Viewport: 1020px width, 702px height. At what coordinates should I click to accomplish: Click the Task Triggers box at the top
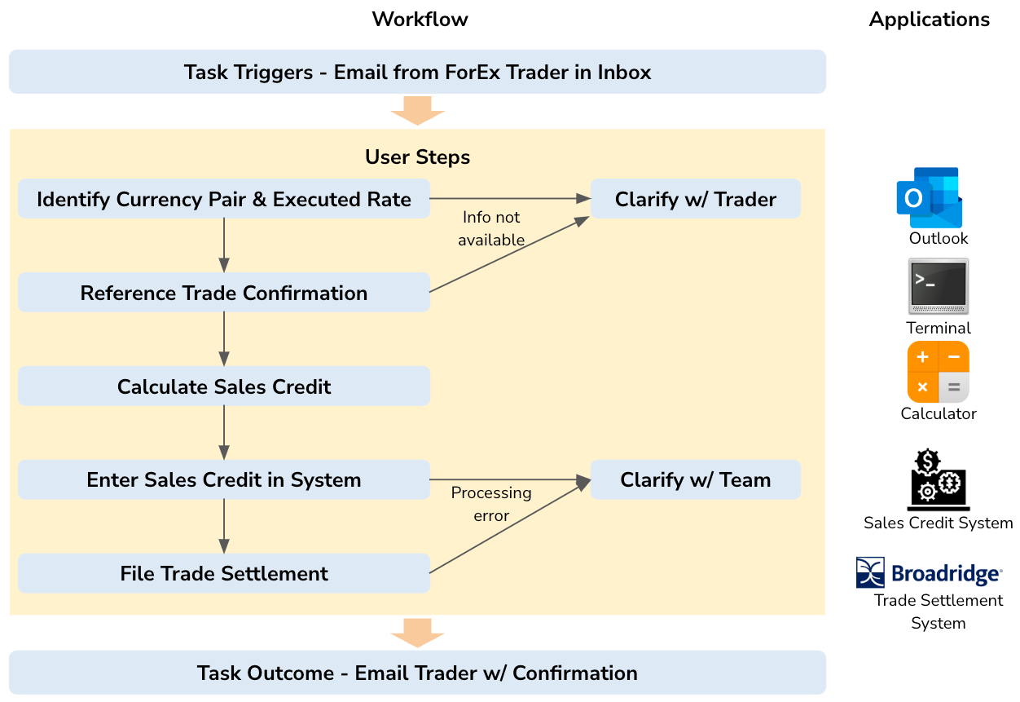pos(417,72)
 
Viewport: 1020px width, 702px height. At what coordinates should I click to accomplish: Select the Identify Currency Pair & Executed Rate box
pos(224,199)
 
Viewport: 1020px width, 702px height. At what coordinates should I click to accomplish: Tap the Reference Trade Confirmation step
pos(224,293)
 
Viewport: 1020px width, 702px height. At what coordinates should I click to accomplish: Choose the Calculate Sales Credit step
pos(224,386)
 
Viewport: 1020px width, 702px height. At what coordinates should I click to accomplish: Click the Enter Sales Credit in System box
pos(224,480)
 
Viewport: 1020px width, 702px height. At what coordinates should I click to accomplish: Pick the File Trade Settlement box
pos(224,573)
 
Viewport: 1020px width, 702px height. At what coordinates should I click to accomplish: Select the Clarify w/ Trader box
pos(695,199)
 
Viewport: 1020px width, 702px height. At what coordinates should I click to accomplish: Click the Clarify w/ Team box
pos(695,480)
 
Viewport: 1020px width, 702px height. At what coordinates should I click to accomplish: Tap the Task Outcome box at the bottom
pos(417,673)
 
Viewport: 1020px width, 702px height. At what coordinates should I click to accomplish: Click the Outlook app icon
pos(929,197)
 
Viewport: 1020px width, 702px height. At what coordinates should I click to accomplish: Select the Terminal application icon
pos(938,286)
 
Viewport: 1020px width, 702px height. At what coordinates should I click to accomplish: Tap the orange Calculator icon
pos(938,372)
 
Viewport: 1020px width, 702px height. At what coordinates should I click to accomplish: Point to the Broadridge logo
pos(929,572)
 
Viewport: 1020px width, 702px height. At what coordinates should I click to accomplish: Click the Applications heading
pos(929,20)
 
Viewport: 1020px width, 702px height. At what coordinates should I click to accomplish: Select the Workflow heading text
pos(420,20)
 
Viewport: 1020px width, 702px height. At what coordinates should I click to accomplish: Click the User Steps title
pos(417,157)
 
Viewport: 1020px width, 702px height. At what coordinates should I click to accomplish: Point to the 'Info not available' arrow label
pos(490,228)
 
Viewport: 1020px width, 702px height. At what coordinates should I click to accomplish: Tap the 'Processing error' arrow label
pos(490,504)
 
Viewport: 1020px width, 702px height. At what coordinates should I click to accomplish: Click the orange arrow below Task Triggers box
pos(417,110)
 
